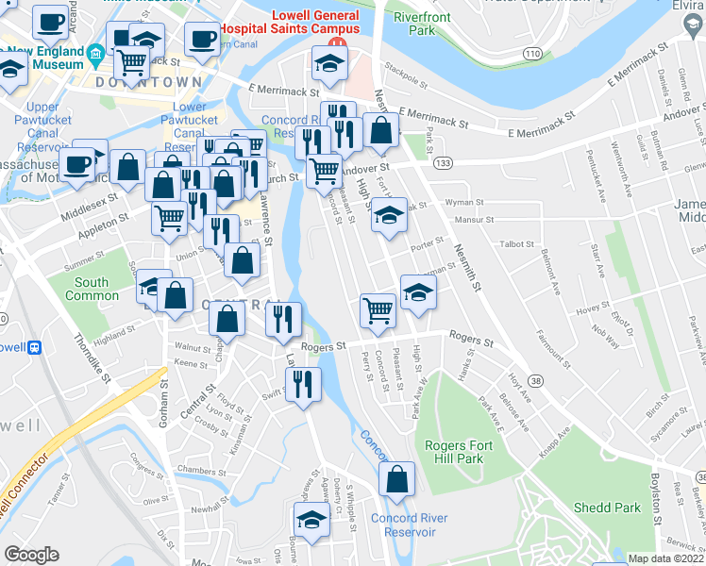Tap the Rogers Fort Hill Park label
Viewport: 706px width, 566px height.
pos(454,453)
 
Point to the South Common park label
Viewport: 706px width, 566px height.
pos(92,289)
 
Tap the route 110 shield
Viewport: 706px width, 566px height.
pos(534,54)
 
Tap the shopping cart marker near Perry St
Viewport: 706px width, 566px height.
pos(378,309)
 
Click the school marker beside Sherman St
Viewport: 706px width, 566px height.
pos(418,292)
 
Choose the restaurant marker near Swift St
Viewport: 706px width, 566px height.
pos(302,385)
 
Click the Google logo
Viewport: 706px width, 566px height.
pos(31,554)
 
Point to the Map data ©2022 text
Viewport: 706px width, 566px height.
pos(664,558)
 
